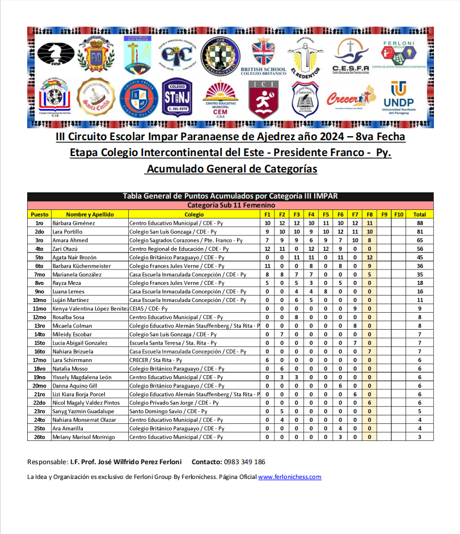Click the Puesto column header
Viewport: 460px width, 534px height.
point(40,215)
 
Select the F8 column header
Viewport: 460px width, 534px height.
point(369,215)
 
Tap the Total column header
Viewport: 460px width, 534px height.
point(420,215)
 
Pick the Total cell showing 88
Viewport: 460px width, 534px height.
point(420,223)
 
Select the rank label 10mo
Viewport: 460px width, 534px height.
point(40,300)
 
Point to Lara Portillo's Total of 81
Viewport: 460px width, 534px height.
point(420,232)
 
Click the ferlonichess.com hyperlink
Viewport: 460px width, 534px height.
point(289,477)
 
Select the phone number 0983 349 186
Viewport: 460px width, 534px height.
point(244,462)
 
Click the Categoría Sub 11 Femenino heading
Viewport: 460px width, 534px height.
point(231,205)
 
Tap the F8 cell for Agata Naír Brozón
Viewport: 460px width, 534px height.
point(369,257)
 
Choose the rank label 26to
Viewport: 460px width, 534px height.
point(40,437)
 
